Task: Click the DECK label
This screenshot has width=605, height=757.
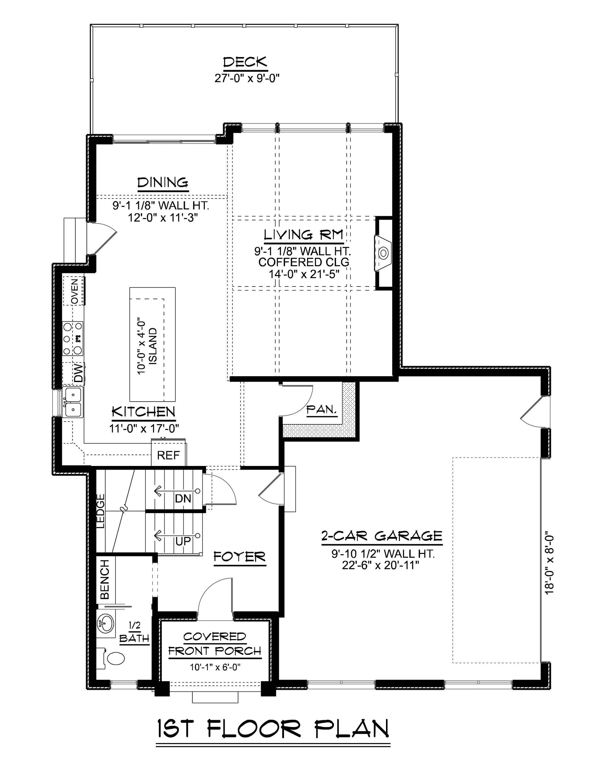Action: pyautogui.click(x=245, y=62)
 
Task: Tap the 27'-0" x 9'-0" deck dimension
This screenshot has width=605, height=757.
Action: pyautogui.click(x=247, y=78)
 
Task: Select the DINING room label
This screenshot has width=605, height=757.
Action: pyautogui.click(x=163, y=183)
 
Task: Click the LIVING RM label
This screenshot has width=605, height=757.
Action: pyautogui.click(x=303, y=234)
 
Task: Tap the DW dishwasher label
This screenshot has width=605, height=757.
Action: pyautogui.click(x=79, y=373)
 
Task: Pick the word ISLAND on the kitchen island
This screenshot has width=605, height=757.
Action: pyautogui.click(x=153, y=346)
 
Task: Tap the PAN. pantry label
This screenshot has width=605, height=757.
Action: pyautogui.click(x=322, y=409)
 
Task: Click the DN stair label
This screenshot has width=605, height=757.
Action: pyautogui.click(x=183, y=498)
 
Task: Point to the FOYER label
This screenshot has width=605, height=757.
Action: pyautogui.click(x=239, y=557)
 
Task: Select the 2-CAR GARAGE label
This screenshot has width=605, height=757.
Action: pyautogui.click(x=381, y=536)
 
